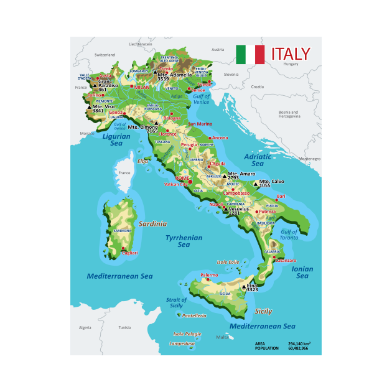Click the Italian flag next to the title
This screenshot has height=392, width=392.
click(x=250, y=54)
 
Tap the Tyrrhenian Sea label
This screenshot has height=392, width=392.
click(x=184, y=241)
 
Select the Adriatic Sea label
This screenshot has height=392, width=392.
click(x=258, y=161)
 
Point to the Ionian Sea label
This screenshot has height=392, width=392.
click(x=302, y=273)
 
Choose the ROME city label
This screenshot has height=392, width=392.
click(x=182, y=178)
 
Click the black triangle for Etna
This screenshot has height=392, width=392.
click(x=243, y=287)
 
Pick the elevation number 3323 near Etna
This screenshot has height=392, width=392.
click(x=252, y=290)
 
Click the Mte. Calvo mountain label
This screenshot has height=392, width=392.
click(x=272, y=181)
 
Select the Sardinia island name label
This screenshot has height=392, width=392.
click(x=152, y=223)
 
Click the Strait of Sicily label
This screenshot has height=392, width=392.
click(x=176, y=302)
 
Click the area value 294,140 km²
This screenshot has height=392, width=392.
click(x=299, y=343)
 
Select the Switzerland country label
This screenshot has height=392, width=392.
click(x=105, y=55)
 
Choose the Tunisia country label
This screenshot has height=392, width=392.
click(x=125, y=327)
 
